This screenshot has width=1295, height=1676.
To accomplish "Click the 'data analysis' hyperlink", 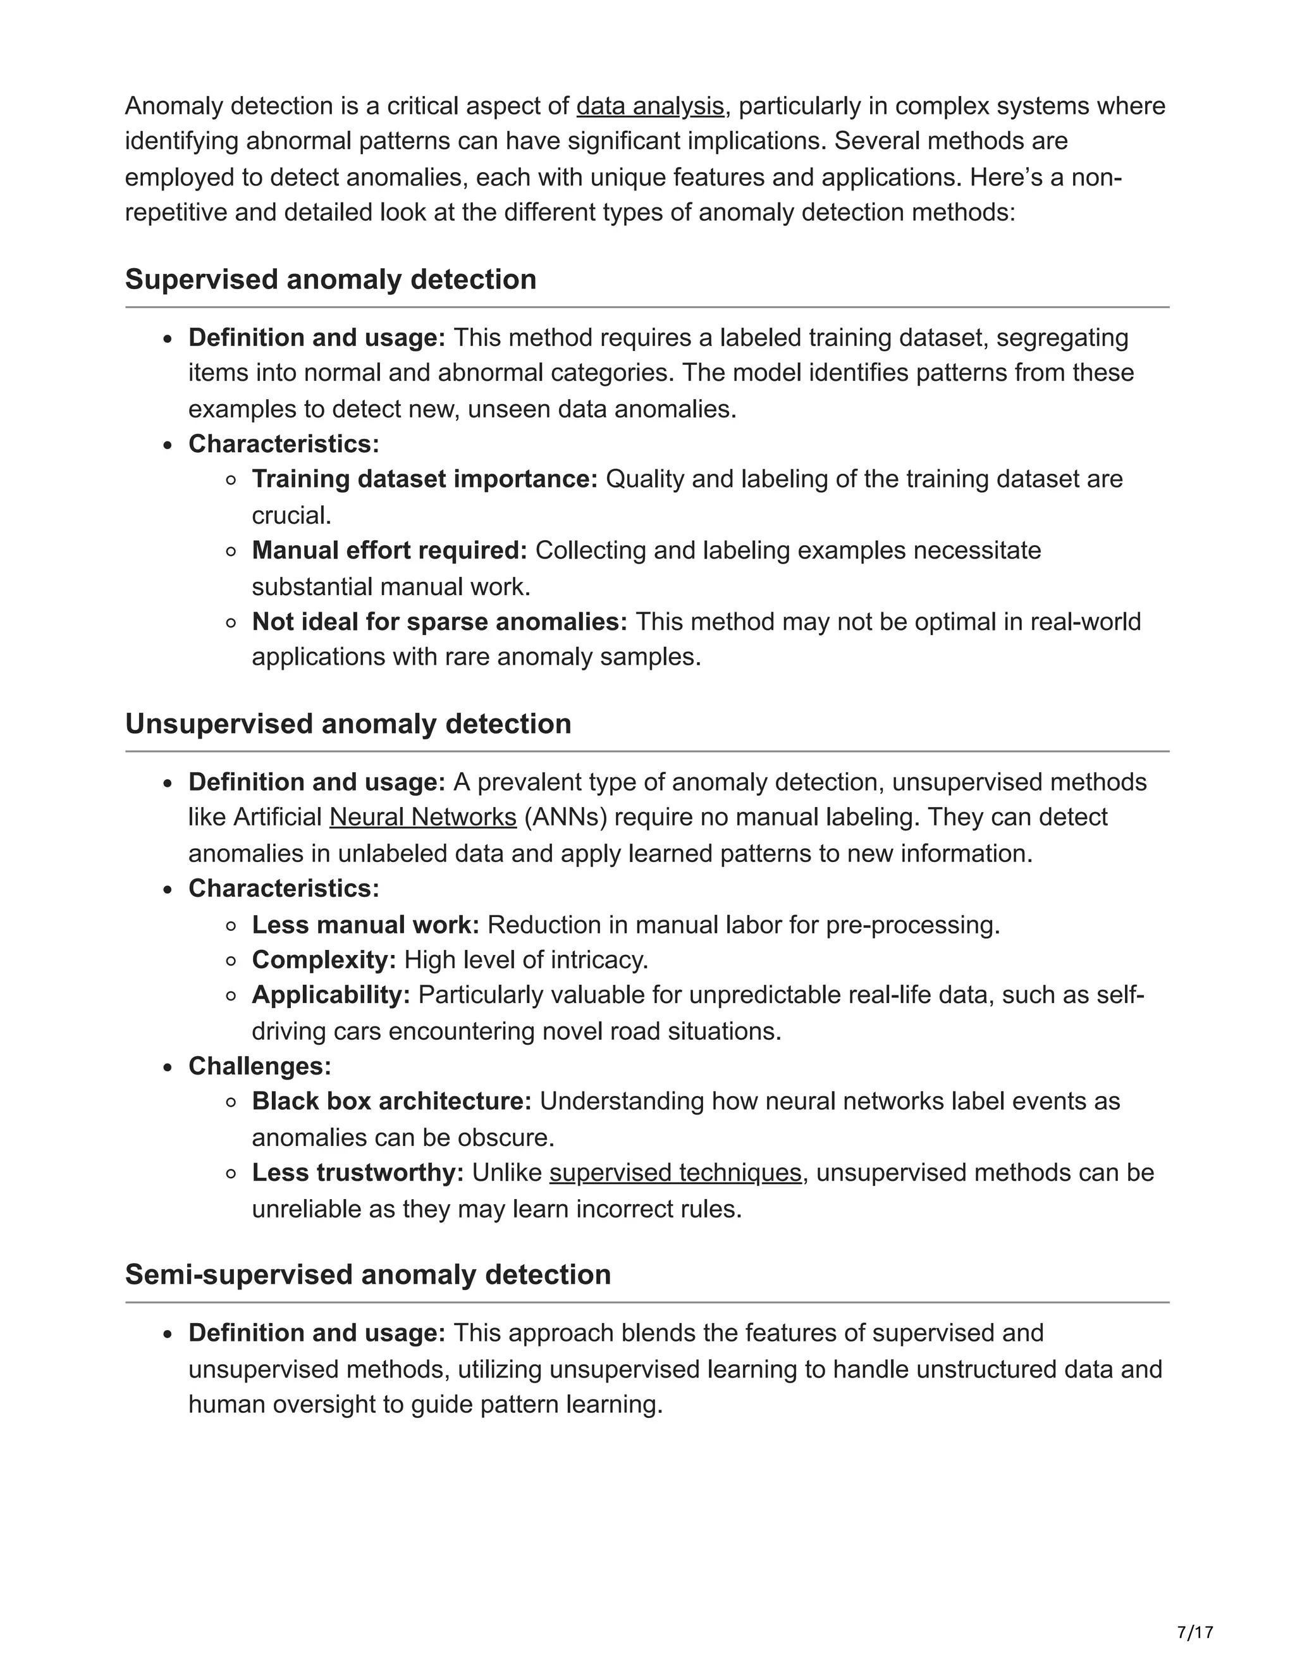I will pyautogui.click(x=650, y=106).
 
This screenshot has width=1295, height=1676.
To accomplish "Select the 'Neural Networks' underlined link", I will pyautogui.click(x=423, y=817).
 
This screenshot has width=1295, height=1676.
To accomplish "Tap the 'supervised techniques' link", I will pyautogui.click(x=675, y=1173).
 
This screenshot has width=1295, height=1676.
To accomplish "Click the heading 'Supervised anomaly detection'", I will pyautogui.click(x=331, y=280).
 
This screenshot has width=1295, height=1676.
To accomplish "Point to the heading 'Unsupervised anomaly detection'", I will pyautogui.click(x=348, y=724).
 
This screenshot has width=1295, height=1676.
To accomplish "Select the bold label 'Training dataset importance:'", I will pyautogui.click(x=424, y=479).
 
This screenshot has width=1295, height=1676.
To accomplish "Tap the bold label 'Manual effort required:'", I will pyautogui.click(x=390, y=550).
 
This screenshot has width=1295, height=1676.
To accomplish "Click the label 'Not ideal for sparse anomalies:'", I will pyautogui.click(x=439, y=622).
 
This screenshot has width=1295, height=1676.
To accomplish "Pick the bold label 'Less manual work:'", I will pyautogui.click(x=365, y=925).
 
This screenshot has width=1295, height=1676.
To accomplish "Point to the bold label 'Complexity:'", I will pyautogui.click(x=324, y=960).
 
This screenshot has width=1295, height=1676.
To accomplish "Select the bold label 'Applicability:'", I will pyautogui.click(x=331, y=995).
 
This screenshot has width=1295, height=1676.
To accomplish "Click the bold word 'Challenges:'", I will pyautogui.click(x=260, y=1066).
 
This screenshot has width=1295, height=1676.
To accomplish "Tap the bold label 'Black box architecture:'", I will pyautogui.click(x=391, y=1101).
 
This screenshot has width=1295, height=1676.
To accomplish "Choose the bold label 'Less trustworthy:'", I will pyautogui.click(x=357, y=1173).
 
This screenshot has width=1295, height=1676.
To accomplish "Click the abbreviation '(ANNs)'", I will pyautogui.click(x=565, y=817).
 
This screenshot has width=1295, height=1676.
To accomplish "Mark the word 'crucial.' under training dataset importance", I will pyautogui.click(x=292, y=515).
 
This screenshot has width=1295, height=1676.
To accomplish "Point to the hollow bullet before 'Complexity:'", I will pyautogui.click(x=231, y=961).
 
